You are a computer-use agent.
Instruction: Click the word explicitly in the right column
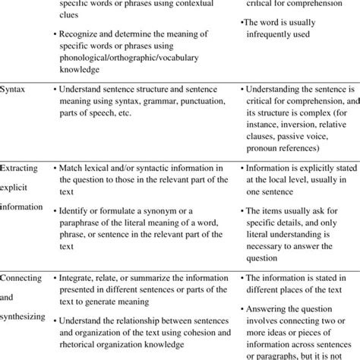click(x=321, y=168)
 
